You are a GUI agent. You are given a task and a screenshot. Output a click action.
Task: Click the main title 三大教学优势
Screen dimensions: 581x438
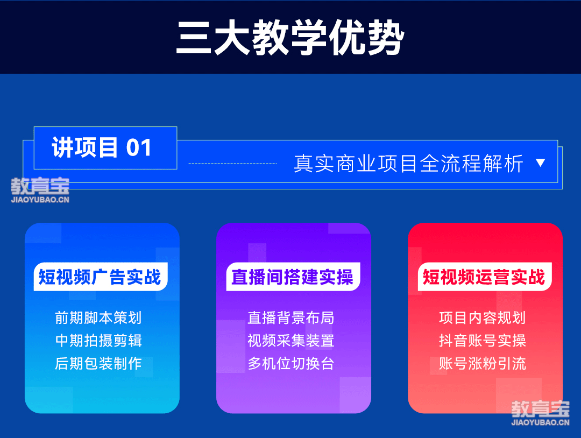pyautogui.click(x=290, y=38)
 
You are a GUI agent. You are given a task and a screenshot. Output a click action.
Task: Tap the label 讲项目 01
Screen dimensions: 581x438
pyautogui.click(x=102, y=147)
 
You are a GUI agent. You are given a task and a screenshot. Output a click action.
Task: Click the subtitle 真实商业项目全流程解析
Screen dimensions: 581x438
pyautogui.click(x=408, y=164)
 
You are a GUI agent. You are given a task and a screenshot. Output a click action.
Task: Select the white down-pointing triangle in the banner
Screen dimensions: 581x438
pyautogui.click(x=541, y=163)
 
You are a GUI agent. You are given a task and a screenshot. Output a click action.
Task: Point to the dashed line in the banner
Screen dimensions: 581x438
pyautogui.click(x=233, y=163)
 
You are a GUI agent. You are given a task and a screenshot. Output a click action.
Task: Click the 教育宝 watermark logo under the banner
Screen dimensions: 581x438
pyautogui.click(x=40, y=190)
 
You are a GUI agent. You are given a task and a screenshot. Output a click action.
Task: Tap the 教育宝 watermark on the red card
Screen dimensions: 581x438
pyautogui.click(x=540, y=413)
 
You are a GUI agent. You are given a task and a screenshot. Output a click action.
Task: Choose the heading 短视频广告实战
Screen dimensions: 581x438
pyautogui.click(x=100, y=277)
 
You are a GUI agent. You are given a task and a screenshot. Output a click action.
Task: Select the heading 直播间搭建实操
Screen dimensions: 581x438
pyautogui.click(x=292, y=277)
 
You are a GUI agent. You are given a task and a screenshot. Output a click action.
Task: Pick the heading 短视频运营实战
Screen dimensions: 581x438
pyautogui.click(x=484, y=277)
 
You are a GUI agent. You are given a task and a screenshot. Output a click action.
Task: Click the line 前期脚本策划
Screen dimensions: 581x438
pyautogui.click(x=98, y=317)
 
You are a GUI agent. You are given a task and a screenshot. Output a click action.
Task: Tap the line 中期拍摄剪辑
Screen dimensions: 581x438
pyautogui.click(x=98, y=341)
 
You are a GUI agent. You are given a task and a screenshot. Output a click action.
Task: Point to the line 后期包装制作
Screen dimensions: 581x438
pyautogui.click(x=98, y=364)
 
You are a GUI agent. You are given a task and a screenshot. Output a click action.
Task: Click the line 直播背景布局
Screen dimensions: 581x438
pyautogui.click(x=291, y=317)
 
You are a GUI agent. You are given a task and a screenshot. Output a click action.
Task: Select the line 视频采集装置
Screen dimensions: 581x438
pyautogui.click(x=291, y=341)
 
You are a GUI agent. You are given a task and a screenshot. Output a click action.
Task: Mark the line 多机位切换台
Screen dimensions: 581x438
pyautogui.click(x=291, y=364)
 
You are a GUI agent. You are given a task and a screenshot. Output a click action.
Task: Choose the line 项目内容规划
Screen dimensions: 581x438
pyautogui.click(x=483, y=317)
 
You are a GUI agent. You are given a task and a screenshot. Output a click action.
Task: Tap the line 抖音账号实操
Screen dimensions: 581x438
pyautogui.click(x=483, y=341)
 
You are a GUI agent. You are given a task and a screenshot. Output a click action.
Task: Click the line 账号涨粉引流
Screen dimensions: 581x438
pyautogui.click(x=483, y=364)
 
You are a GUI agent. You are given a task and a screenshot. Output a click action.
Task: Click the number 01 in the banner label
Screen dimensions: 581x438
pyautogui.click(x=139, y=148)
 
